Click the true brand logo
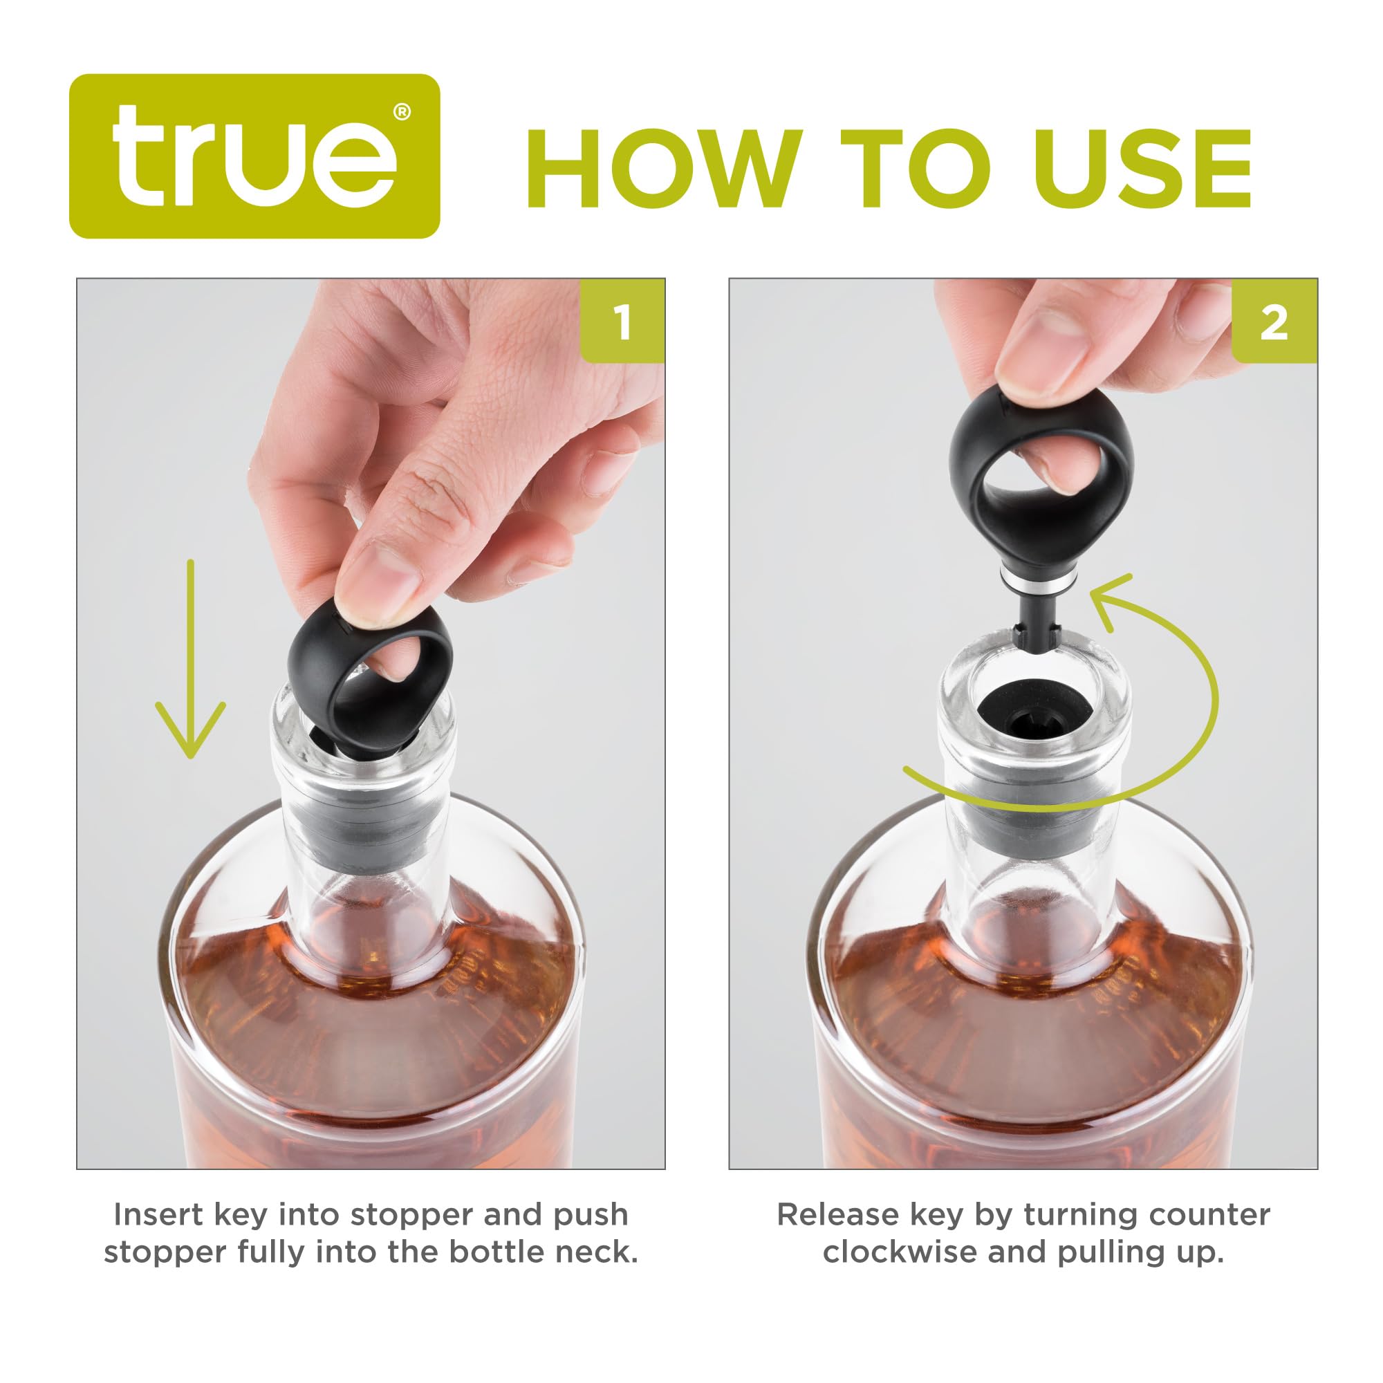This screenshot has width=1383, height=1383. [x=254, y=156]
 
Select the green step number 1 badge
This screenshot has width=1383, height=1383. [x=622, y=322]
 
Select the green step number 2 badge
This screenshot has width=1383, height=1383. [x=1274, y=322]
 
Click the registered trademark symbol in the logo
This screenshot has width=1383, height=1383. [x=402, y=113]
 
